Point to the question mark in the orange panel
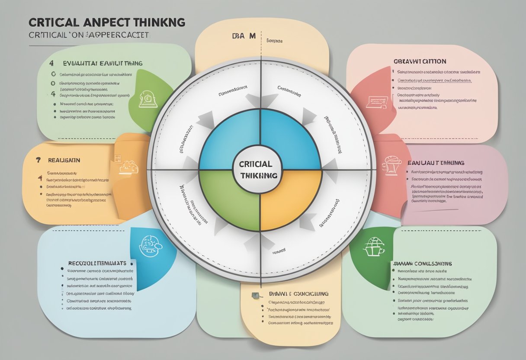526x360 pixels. (38, 160)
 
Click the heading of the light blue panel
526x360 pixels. (97, 263)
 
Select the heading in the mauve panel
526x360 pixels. (436, 163)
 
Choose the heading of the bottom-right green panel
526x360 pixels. (422, 263)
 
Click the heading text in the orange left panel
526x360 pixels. (64, 160)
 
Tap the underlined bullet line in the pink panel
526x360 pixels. (434, 80)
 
